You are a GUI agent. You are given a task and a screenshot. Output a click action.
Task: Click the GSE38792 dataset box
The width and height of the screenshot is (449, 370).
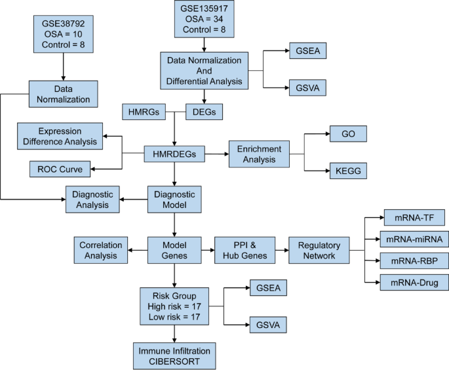pyautogui.click(x=63, y=34)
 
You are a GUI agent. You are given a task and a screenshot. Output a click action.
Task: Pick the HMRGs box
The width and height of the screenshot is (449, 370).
pyautogui.click(x=144, y=112)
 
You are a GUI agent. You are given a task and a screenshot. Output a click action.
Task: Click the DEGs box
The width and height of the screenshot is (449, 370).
pyautogui.click(x=205, y=112)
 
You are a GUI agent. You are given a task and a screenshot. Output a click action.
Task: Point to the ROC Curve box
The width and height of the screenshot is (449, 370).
pyautogui.click(x=61, y=169)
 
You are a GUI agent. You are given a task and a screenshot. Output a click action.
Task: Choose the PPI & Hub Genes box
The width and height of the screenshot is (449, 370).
pyautogui.click(x=241, y=250)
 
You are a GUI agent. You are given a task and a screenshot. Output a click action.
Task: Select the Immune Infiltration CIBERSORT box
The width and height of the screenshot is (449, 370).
pyautogui.click(x=174, y=356)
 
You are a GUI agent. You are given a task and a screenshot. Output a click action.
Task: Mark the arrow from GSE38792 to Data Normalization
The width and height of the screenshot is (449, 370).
pyautogui.click(x=63, y=66)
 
